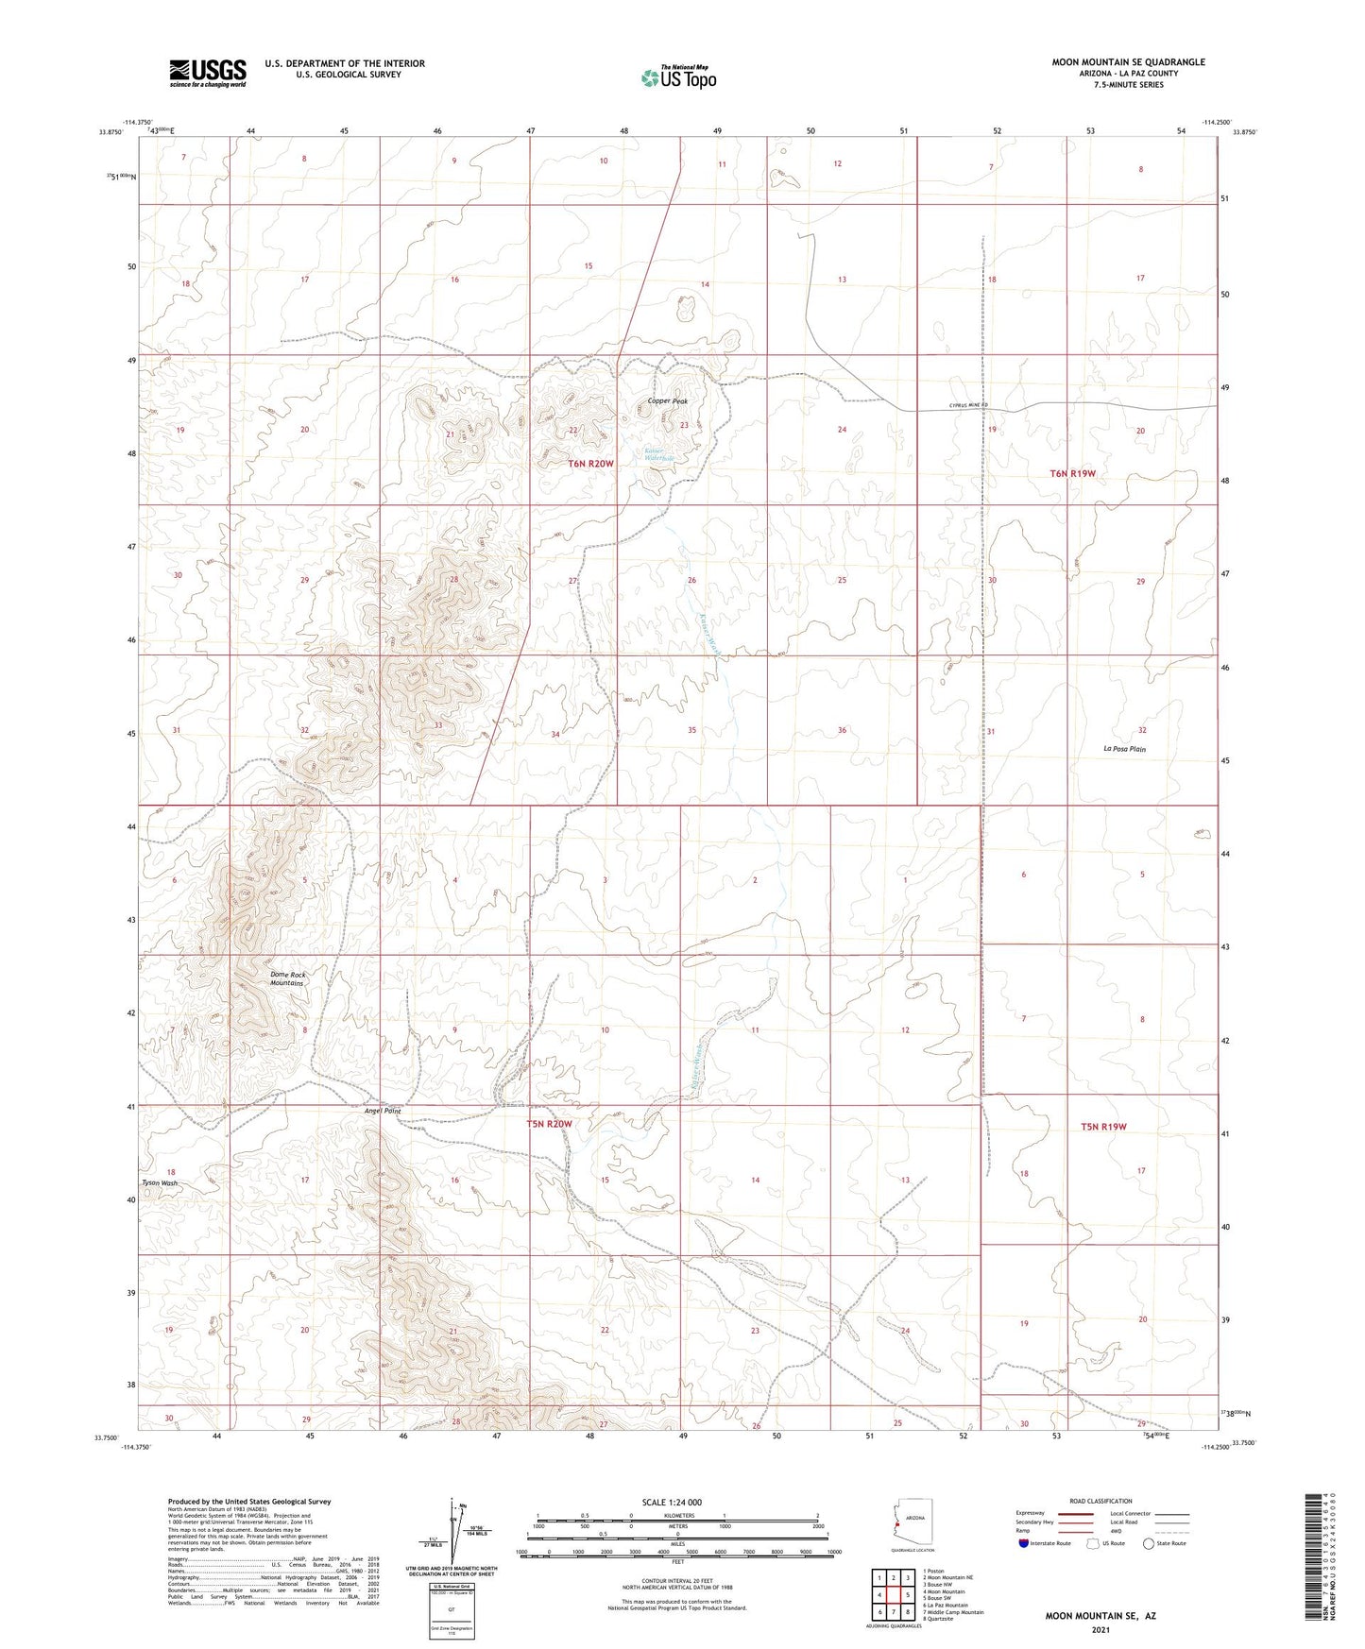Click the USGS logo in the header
(x=208, y=72)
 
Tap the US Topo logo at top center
(x=677, y=77)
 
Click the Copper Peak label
(x=668, y=401)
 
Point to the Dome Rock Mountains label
(x=287, y=978)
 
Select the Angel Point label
(x=383, y=1111)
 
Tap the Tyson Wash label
(x=160, y=1182)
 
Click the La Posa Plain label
(x=1124, y=749)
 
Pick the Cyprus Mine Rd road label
(x=968, y=407)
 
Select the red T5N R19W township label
(x=1103, y=1127)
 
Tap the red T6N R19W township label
(x=1073, y=473)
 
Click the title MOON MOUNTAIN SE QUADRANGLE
(x=1128, y=62)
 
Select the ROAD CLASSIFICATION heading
(x=1101, y=1501)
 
